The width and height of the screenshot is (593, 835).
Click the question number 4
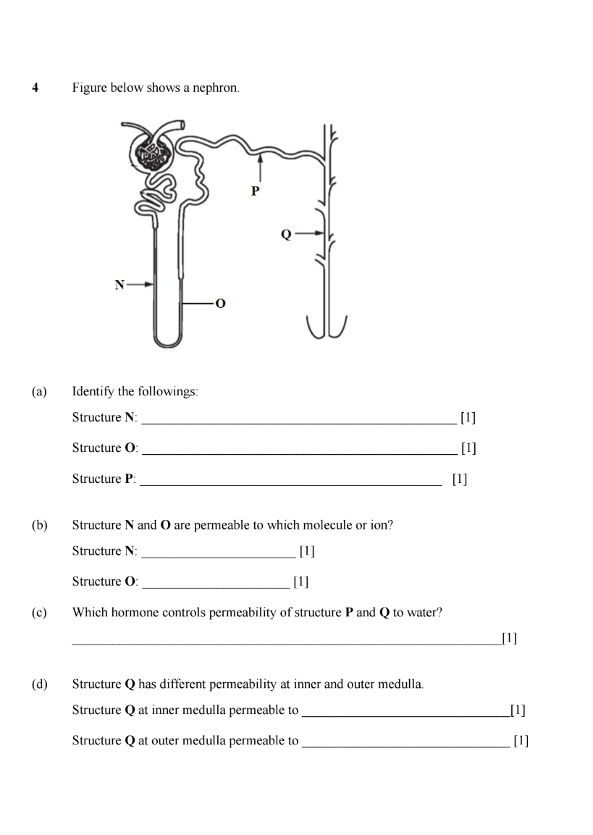point(35,88)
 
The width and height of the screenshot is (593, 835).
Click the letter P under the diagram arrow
point(254,192)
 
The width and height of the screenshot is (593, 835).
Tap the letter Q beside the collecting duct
point(285,234)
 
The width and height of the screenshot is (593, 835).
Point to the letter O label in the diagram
point(220,303)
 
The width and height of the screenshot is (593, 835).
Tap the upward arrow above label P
point(259,168)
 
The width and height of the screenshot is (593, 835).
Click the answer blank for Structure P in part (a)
point(290,481)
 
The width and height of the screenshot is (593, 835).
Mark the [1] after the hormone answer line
point(509,639)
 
